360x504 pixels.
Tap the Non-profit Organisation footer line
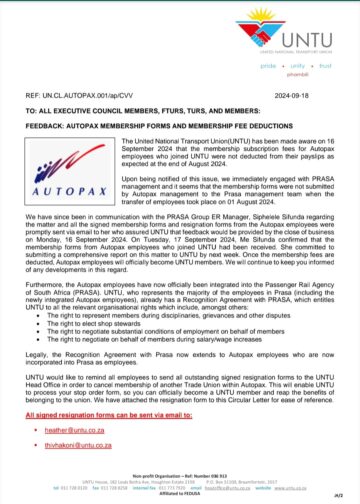click(180, 474)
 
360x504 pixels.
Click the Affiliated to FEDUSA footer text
click(180, 494)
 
